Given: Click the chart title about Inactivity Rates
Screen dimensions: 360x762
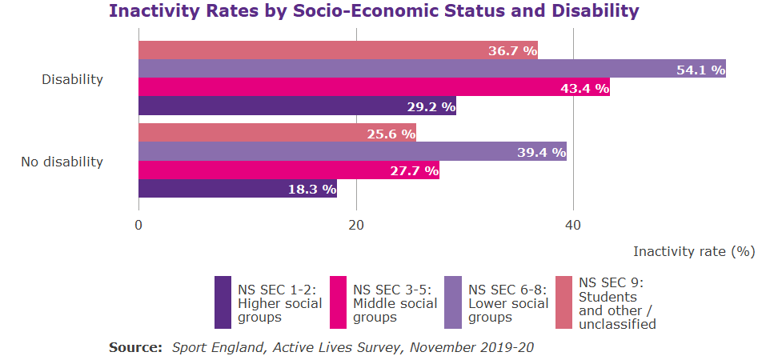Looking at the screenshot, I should (x=374, y=11).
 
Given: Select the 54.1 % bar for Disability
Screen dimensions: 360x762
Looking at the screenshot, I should (x=432, y=69).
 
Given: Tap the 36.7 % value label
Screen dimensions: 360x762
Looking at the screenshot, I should (x=512, y=50).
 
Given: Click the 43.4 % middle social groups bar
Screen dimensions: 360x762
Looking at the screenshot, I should (x=374, y=87).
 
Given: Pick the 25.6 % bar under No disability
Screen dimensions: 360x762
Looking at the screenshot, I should (x=277, y=134).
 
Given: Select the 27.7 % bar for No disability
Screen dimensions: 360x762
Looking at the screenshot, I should (x=288, y=170).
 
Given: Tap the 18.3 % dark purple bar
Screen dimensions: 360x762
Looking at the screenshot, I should (x=238, y=189).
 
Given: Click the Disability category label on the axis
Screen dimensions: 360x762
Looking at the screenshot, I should (x=73, y=79).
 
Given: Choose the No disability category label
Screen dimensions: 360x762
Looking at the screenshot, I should (x=62, y=162).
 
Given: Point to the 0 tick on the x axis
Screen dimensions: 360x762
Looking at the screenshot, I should (x=139, y=226).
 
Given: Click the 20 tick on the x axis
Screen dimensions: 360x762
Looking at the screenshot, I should (x=356, y=226).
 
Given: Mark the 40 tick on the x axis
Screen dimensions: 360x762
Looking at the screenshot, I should (x=573, y=226).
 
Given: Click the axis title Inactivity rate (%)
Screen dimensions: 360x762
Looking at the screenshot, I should (x=694, y=251).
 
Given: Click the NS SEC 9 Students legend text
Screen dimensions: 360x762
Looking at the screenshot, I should (x=617, y=303).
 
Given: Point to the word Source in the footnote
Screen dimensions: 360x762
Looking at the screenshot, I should (x=133, y=348).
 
